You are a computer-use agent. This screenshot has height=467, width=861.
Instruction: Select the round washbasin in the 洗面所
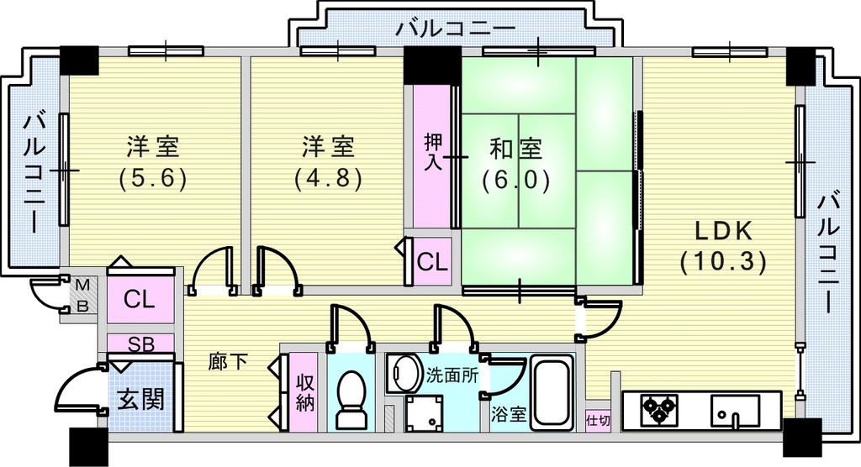404,373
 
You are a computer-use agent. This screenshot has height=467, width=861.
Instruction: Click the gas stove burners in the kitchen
659,409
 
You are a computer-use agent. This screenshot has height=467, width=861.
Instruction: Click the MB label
82,296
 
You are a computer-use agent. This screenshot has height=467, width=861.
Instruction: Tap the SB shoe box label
141,344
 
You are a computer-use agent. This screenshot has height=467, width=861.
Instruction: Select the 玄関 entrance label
141,400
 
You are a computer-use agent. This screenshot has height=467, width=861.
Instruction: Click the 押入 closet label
434,152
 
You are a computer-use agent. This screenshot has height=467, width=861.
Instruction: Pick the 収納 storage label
304,392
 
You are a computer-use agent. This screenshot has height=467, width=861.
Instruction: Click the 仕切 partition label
598,421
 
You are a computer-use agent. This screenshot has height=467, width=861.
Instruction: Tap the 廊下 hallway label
228,361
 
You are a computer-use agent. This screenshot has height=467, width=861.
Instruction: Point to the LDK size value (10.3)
723,263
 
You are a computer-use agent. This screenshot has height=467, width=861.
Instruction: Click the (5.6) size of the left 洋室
153,178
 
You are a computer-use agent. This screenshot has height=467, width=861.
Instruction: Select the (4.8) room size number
328,178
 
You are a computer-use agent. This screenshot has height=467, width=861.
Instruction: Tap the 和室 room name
515,148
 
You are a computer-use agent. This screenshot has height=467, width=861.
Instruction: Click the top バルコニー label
457,28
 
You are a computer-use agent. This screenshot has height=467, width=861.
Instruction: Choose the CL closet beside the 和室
432,262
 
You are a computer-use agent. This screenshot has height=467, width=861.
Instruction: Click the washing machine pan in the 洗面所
425,412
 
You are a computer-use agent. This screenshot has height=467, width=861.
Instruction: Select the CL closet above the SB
140,300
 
